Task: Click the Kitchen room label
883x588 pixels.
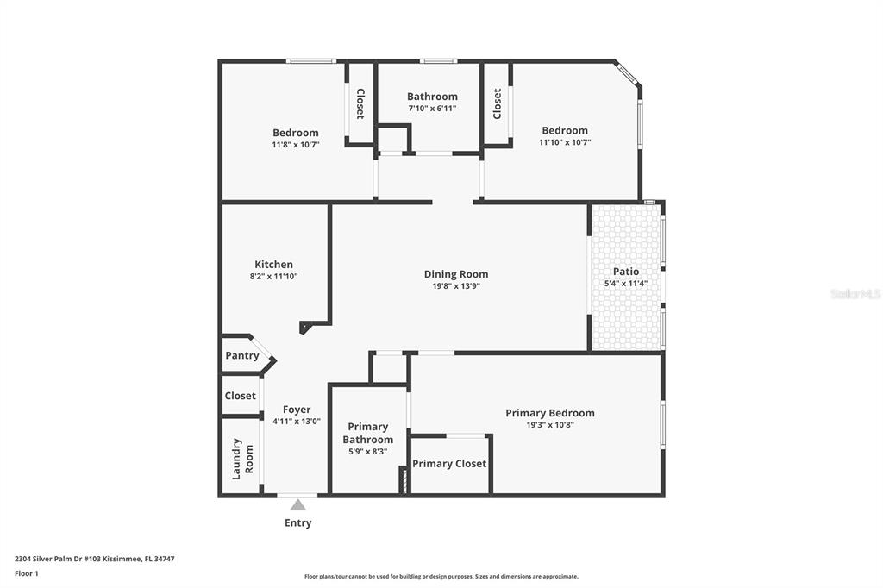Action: (273, 264)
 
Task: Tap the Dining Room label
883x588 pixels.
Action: (456, 274)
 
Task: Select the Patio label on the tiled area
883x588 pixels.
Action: (626, 272)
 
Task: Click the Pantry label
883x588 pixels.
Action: (242, 355)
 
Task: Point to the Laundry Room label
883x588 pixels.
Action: (242, 459)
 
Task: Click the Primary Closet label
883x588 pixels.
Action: (449, 464)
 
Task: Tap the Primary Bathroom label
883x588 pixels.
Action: (367, 433)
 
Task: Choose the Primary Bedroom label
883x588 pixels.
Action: (550, 413)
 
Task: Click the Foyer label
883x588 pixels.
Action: (297, 410)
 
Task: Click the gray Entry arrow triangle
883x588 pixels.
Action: (297, 505)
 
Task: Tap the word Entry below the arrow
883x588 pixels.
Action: (297, 522)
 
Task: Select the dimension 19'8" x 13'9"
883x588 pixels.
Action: (456, 286)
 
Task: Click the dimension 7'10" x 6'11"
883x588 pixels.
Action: (433, 108)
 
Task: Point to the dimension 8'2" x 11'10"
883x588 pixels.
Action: (273, 277)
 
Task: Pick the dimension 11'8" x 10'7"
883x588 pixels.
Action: (296, 145)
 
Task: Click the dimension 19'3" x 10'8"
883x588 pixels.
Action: (550, 425)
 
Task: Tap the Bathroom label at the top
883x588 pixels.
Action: (433, 97)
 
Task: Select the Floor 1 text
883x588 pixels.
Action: (27, 574)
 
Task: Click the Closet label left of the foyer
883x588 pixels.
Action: (241, 396)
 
